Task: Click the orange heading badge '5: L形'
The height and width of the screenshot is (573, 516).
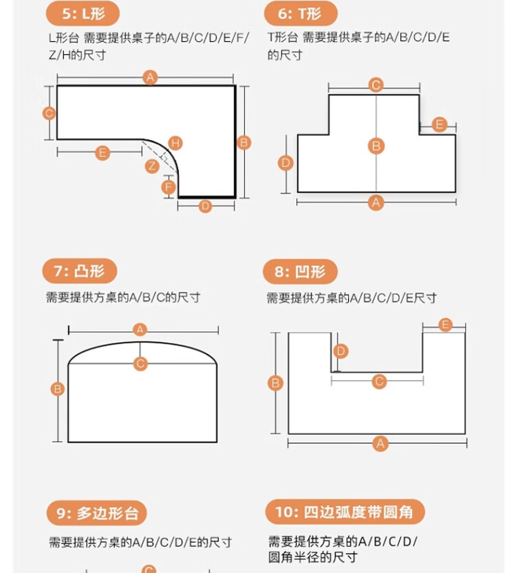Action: [82, 13]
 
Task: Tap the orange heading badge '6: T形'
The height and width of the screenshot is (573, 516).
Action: [301, 13]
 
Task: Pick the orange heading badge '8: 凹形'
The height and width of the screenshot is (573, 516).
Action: [300, 271]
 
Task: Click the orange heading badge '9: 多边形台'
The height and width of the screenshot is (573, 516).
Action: [97, 513]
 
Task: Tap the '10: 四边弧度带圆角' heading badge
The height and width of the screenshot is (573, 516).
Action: [345, 512]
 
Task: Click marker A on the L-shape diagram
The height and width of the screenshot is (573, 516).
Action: [150, 78]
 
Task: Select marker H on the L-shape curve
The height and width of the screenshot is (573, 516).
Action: [175, 143]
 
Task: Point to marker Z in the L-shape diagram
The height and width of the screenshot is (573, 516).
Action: [152, 166]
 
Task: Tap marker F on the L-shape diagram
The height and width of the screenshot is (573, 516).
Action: [169, 186]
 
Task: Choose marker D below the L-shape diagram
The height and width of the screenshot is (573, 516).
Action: [205, 206]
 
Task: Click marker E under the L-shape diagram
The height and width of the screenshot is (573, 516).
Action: [103, 153]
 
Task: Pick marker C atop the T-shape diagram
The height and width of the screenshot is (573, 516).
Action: [376, 85]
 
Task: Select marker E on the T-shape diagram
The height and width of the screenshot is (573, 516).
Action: [440, 124]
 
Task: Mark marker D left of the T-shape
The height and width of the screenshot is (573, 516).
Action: [286, 163]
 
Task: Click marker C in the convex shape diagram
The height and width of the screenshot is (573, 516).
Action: [140, 363]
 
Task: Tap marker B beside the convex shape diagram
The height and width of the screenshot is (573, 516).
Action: [58, 389]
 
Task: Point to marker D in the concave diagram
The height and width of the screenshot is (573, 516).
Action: [341, 351]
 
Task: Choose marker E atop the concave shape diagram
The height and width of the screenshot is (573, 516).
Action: [445, 324]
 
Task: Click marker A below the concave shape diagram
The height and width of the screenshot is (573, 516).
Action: [380, 444]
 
